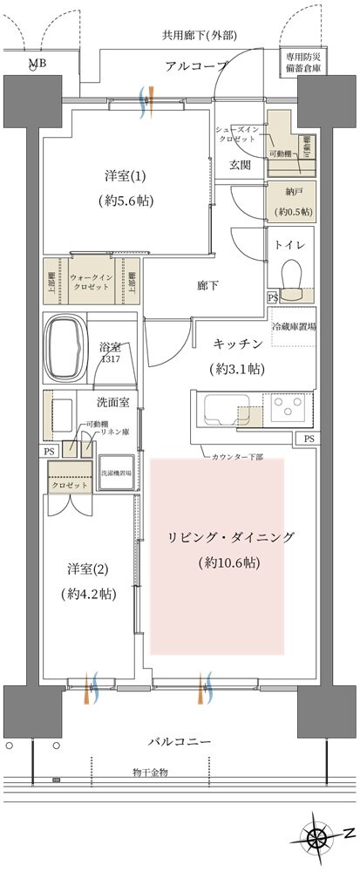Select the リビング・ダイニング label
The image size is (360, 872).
coord(231,536)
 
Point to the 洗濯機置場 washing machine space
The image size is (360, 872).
coord(116,473)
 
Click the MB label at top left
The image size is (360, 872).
coord(37,64)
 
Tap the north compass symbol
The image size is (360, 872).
coord(320,839)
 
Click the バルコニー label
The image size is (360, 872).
coord(179,741)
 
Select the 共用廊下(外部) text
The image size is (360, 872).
coord(200,36)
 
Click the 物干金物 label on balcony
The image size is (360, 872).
coord(150,772)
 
